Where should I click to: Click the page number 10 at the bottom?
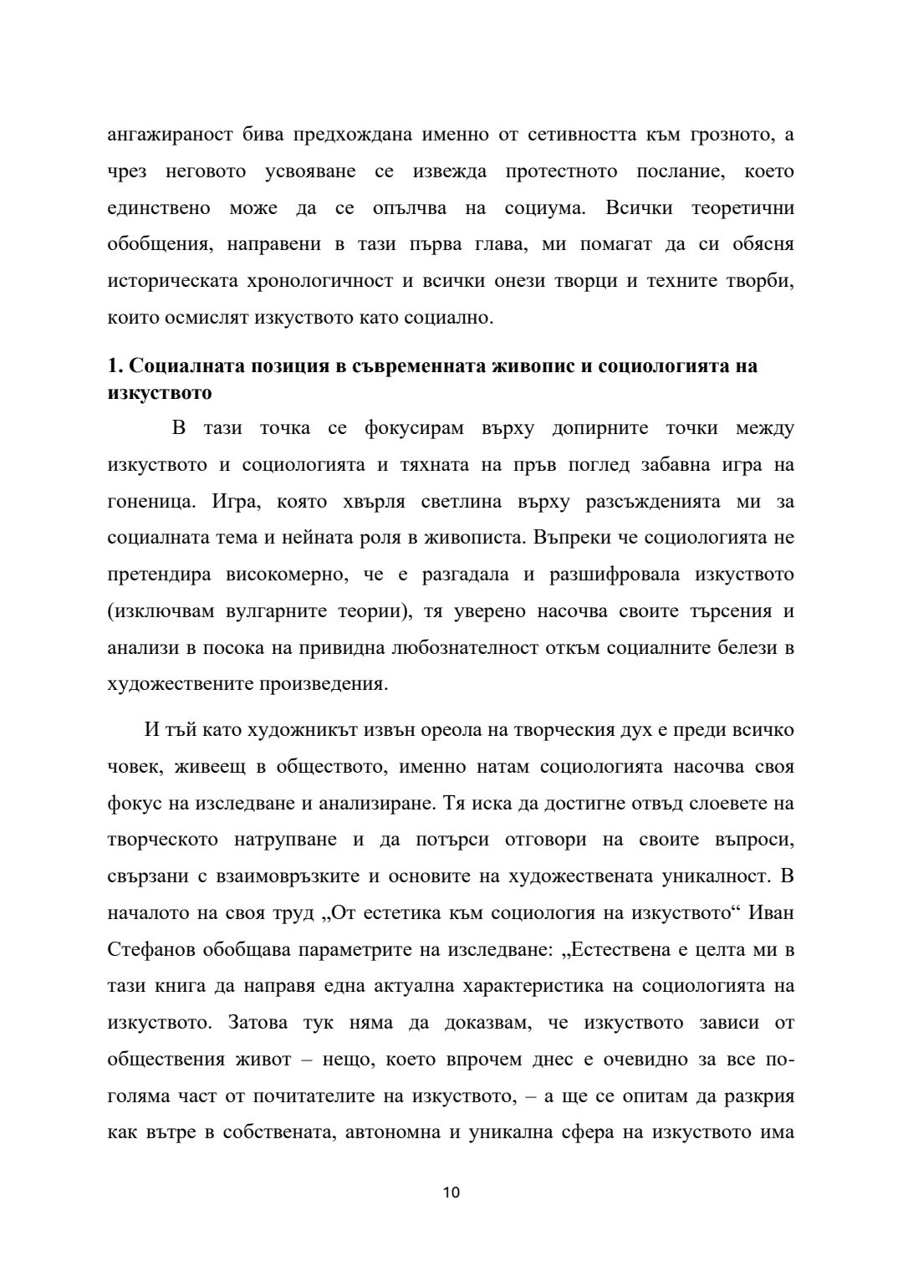[451, 1192]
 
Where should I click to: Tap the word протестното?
[562, 171]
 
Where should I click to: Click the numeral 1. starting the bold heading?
[116, 366]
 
